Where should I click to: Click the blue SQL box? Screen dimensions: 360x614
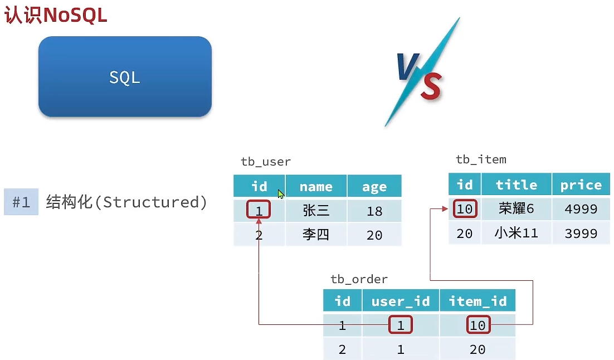[x=125, y=76]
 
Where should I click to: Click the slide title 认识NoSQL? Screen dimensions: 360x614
[x=56, y=15]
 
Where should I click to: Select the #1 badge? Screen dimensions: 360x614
[x=21, y=202]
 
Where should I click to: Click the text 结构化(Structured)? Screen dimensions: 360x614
[x=126, y=202]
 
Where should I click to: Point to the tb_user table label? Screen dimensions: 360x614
[x=266, y=162]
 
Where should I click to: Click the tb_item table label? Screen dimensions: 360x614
[x=481, y=159]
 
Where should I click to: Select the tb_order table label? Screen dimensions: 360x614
[x=359, y=279]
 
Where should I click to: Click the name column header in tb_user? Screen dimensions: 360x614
[x=316, y=187]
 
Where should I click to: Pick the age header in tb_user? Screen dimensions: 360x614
[x=374, y=187]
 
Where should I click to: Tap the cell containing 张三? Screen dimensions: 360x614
[x=316, y=211]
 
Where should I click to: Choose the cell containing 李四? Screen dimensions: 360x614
[x=316, y=235]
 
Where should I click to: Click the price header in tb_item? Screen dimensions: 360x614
[x=581, y=184]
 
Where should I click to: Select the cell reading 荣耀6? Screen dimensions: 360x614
[x=516, y=209]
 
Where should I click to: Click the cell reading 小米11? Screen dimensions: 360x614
[x=516, y=233]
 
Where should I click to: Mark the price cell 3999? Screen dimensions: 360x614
[x=581, y=233]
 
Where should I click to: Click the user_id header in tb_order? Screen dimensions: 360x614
[x=401, y=301]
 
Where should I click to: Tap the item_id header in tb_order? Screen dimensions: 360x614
[x=477, y=301]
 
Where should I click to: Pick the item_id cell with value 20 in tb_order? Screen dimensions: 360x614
[x=477, y=349]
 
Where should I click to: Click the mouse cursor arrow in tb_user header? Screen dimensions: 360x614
[x=281, y=194]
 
